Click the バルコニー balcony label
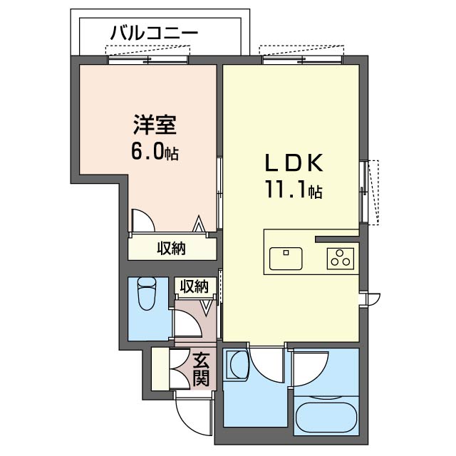[x=153, y=33]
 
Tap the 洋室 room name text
[x=153, y=125]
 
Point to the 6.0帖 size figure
[x=153, y=152]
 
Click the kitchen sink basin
[x=286, y=254]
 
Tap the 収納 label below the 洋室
[x=171, y=249]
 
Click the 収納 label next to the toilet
[x=193, y=286]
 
